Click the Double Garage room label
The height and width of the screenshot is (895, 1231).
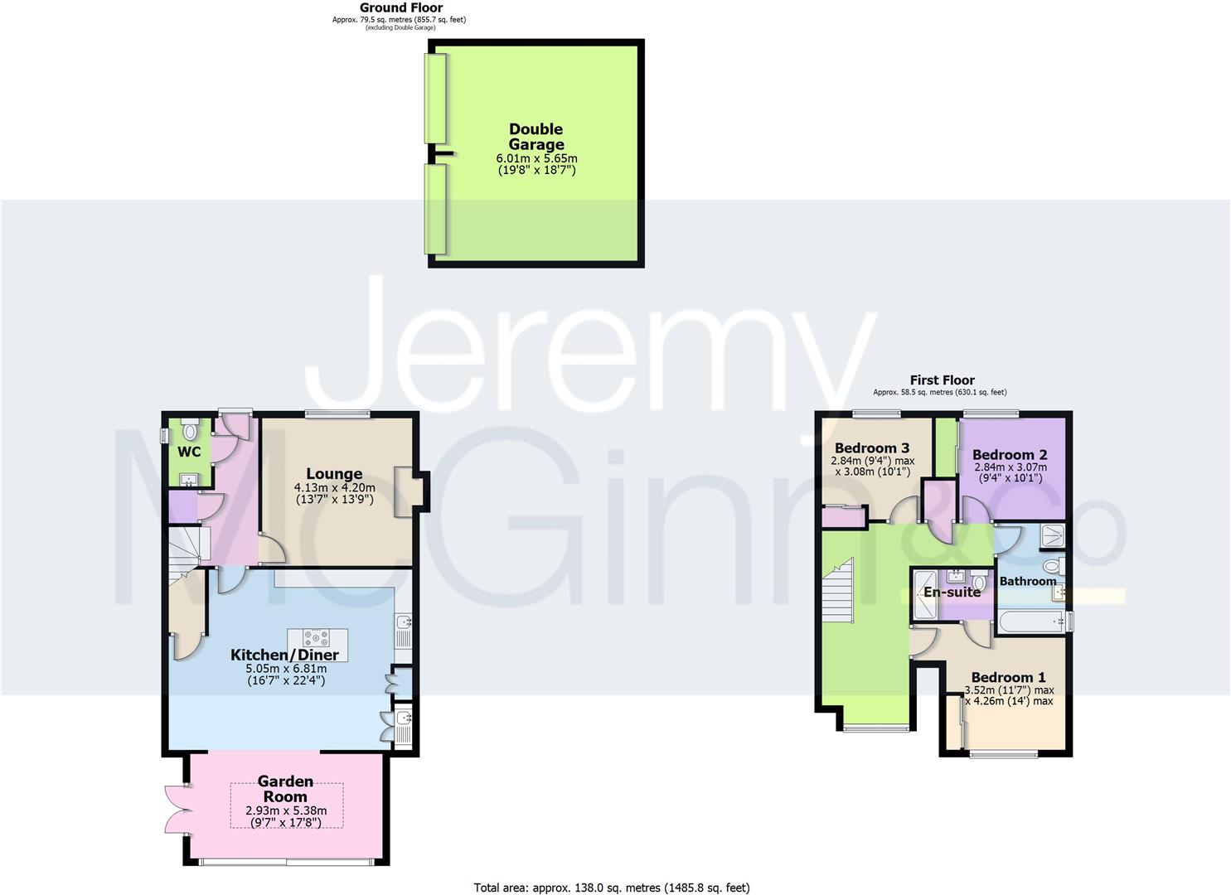[x=536, y=137]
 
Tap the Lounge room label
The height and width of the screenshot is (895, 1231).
[x=334, y=474]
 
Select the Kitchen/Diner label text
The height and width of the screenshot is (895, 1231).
[x=284, y=655]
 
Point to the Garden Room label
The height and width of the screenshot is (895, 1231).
[x=285, y=788]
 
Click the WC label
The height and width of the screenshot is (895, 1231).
[x=189, y=452]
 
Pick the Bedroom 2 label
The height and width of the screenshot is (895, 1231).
[x=1009, y=454]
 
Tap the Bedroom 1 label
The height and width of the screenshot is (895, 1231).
[x=1008, y=677]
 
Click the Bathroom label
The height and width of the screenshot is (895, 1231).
[x=1027, y=581]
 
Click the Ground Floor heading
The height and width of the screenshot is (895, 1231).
[x=400, y=7]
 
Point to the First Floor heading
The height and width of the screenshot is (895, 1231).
[x=942, y=380]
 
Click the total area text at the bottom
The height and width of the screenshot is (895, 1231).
[x=611, y=888]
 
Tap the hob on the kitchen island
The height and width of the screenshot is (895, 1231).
[x=317, y=638]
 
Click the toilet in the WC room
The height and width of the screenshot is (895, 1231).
[x=190, y=430]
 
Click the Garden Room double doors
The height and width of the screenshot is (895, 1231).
[x=177, y=809]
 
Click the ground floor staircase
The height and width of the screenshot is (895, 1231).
[x=186, y=548]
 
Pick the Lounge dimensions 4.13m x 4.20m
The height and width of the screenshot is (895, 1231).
[x=334, y=488]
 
